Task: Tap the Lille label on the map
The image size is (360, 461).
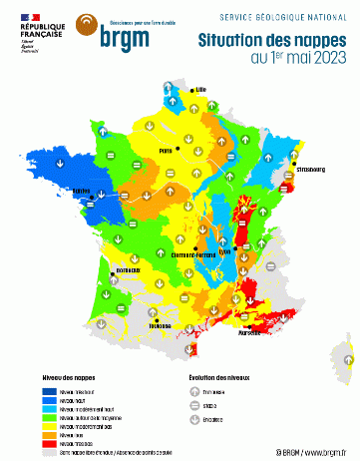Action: (x=200, y=89)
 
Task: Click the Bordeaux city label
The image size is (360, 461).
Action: (x=128, y=270)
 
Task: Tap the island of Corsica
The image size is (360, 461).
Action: (x=348, y=354)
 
